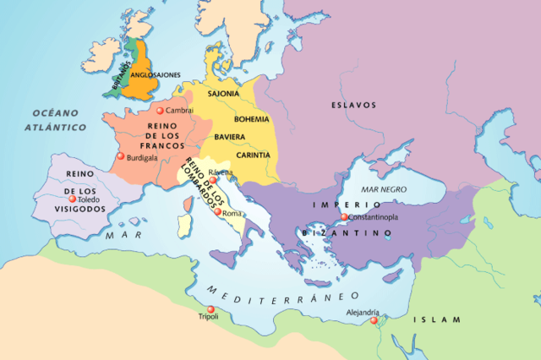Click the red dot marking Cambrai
pyautogui.click(x=161, y=111)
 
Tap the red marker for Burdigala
pyautogui.click(x=121, y=156)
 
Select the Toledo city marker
pyautogui.click(x=72, y=199)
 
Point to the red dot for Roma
pyautogui.click(x=218, y=213)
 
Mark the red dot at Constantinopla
pyautogui.click(x=344, y=218)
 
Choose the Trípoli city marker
pyautogui.click(x=210, y=308)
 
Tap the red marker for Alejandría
pyautogui.click(x=373, y=319)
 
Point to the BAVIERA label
pyautogui.click(x=230, y=137)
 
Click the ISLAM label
pyautogui.click(x=438, y=319)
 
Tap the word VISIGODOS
pyautogui.click(x=76, y=209)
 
